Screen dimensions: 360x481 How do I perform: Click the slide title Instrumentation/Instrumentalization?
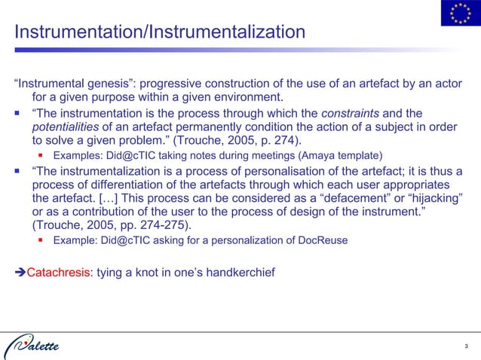[x=160, y=32]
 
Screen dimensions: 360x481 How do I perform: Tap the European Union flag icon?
[x=458, y=14]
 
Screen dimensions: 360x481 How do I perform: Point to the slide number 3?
[x=467, y=346]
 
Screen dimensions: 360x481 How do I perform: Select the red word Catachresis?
[x=58, y=271]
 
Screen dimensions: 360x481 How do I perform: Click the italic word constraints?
[x=354, y=113]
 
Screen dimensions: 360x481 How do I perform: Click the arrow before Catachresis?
[x=20, y=271]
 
